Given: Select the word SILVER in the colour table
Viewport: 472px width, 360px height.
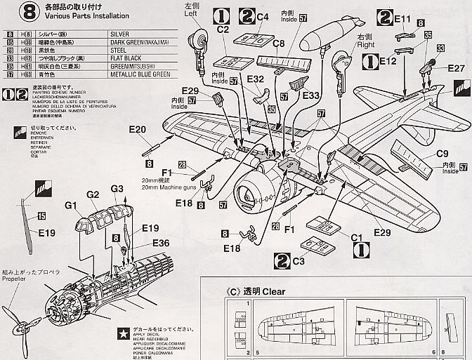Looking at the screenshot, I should click(122, 33).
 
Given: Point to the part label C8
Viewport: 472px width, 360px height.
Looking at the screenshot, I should click(277, 44).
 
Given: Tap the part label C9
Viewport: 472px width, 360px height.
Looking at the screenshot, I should click(442, 154).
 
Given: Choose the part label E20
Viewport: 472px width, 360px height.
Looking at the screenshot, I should click(137, 129).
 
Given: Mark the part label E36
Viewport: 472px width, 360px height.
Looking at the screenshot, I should click(161, 242).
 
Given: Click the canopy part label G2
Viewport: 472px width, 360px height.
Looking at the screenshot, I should click(93, 194).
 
